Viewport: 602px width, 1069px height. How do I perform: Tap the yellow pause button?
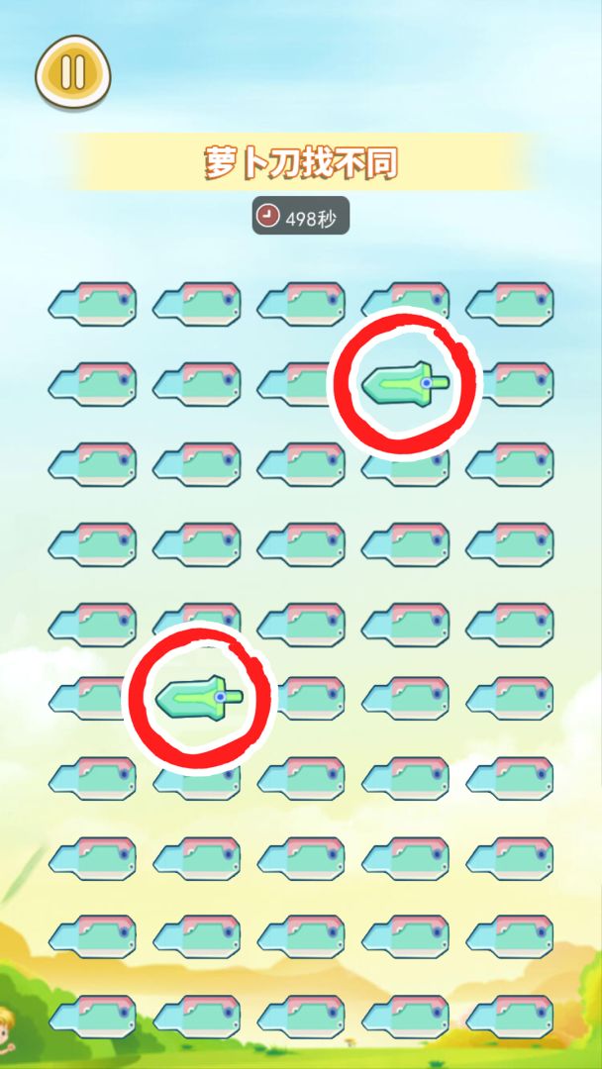[73, 72]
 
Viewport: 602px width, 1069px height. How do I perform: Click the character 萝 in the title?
[219, 163]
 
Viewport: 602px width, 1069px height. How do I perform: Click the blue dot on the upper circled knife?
[427, 381]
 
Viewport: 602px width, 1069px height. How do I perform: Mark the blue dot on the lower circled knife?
[221, 697]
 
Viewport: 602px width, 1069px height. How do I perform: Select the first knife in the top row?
[92, 303]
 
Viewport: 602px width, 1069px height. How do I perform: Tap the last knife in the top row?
[510, 303]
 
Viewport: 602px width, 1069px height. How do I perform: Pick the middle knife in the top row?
[301, 303]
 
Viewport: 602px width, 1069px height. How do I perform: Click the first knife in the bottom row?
[92, 1016]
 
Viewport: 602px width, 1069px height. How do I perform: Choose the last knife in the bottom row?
[510, 1016]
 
